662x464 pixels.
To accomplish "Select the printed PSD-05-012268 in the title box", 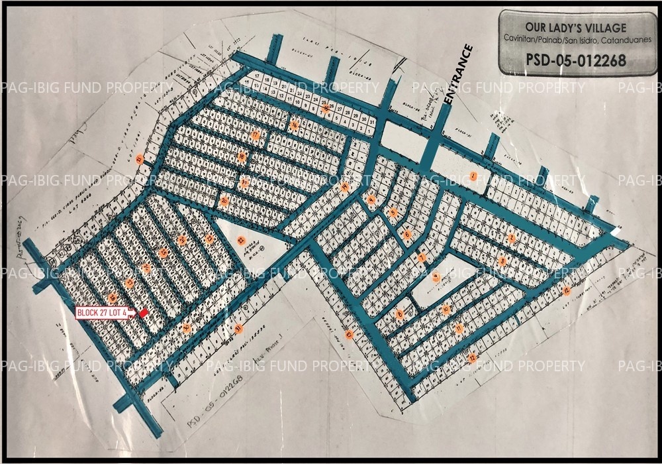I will coord(575,60).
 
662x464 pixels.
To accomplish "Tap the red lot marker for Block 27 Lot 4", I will coord(144,312).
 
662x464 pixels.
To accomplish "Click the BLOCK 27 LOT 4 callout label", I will coord(101,313).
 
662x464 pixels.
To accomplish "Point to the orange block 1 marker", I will coord(473,175).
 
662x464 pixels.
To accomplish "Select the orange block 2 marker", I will coord(511,238).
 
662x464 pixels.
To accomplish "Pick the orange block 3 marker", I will coord(502,261).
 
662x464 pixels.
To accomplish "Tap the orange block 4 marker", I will coord(371,200).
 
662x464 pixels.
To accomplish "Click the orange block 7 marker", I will coord(421,257).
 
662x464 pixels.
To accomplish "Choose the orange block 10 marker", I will coord(446,309).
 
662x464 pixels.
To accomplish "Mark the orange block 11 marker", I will coord(459,328).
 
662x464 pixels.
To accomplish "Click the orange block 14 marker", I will coord(345,187).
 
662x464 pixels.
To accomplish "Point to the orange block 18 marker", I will coord(242,157).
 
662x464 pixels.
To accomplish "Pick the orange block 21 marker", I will coord(138,159).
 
